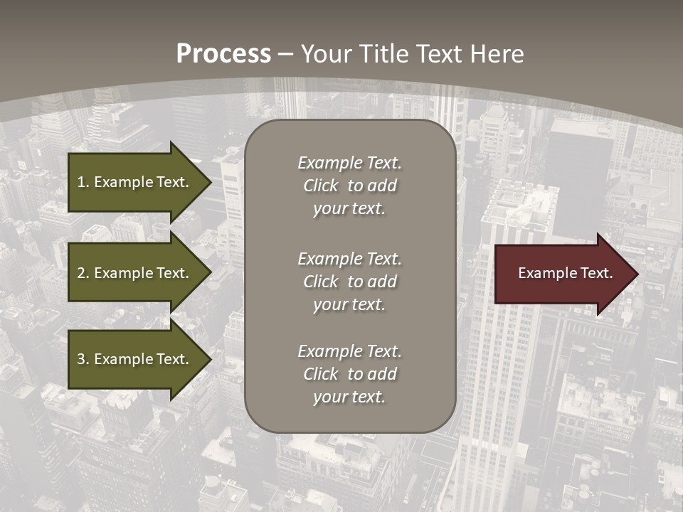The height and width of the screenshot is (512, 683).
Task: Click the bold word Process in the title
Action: (x=223, y=53)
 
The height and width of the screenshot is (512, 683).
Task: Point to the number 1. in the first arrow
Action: (x=83, y=182)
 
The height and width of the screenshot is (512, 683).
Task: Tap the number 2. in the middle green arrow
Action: (x=83, y=273)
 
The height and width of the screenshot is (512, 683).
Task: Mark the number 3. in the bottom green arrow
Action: (x=83, y=359)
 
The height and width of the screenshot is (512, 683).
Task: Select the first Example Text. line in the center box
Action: (x=349, y=163)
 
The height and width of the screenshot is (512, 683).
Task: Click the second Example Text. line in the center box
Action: (x=349, y=258)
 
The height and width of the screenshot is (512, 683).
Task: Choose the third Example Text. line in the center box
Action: (x=349, y=351)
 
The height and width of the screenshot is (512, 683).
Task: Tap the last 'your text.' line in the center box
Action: (x=349, y=397)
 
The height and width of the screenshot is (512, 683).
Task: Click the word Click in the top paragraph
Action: (x=320, y=186)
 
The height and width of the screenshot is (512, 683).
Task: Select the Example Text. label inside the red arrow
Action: (x=566, y=273)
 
